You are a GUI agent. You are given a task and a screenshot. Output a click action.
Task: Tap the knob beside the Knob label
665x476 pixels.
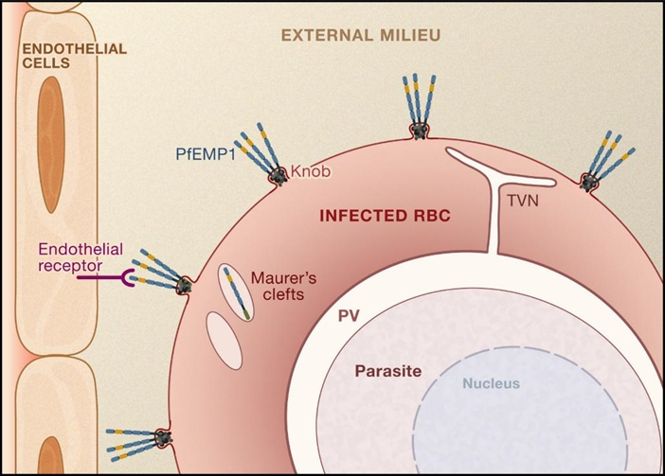(x=278, y=175)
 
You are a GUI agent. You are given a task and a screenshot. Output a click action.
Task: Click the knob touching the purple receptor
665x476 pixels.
(x=183, y=284)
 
